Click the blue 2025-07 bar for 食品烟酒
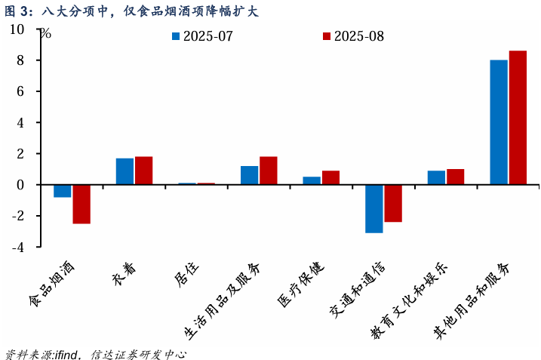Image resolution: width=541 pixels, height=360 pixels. click(63, 191)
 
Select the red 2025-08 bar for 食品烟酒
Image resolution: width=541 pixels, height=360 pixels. click(81, 204)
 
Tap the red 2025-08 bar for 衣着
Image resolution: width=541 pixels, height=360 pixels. click(144, 171)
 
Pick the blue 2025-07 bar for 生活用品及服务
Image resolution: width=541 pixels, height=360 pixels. click(250, 175)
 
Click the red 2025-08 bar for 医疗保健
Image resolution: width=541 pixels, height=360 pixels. click(330, 177)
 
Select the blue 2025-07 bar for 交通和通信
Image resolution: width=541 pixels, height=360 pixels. click(374, 208)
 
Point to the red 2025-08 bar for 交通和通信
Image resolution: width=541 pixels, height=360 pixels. click(393, 203)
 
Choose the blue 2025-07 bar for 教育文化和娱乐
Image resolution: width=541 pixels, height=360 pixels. click(436, 177)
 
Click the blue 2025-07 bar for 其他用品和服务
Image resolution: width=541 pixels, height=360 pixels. click(499, 122)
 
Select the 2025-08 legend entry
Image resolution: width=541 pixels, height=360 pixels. click(353, 36)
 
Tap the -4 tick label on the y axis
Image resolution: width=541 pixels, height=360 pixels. click(17, 247)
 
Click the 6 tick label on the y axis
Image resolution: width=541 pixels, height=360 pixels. click(20, 91)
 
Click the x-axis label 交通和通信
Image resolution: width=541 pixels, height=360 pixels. click(357, 291)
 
